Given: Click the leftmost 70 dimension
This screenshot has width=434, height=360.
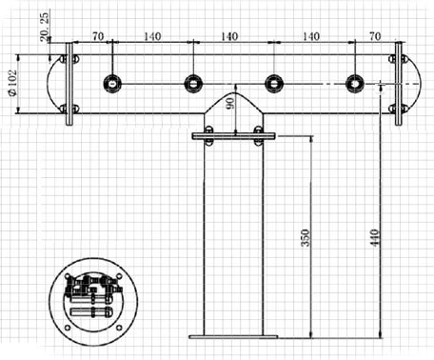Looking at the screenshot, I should click(97, 35).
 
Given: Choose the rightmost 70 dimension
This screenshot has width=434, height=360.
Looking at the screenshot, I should click(373, 35).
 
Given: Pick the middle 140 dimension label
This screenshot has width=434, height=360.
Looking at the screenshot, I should click(229, 35).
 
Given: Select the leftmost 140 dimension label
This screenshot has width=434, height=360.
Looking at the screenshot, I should click(151, 35).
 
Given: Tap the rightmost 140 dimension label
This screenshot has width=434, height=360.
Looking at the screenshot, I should click(310, 35).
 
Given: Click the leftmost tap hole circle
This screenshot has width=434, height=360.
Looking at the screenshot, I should click(112, 84).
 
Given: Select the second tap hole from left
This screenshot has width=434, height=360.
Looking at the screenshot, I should click(193, 84).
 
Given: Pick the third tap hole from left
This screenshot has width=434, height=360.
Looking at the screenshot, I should click(273, 84).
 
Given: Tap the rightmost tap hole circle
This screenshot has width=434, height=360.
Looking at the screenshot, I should click(354, 84).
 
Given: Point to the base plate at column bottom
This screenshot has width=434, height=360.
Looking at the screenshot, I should click(232, 336).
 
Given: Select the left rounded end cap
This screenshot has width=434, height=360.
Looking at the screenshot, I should click(55, 84).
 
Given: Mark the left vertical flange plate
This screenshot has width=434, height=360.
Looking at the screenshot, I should click(69, 84).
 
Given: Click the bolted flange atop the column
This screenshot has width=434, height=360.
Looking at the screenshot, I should click(232, 136).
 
